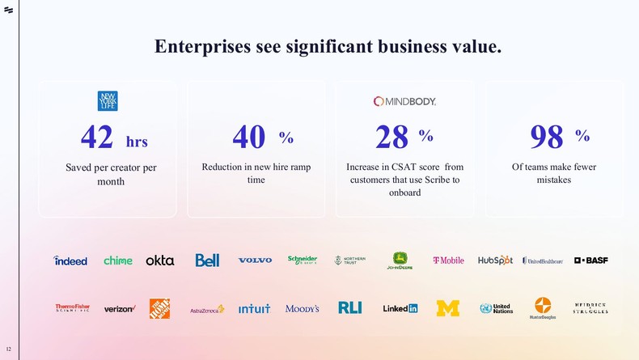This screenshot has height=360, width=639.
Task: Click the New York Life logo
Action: (108, 101)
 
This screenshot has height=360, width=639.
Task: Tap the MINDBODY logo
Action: (404, 101)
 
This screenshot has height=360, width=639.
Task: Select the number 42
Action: (97, 138)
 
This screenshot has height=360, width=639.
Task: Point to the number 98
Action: (546, 138)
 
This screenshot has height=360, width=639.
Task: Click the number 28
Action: (392, 138)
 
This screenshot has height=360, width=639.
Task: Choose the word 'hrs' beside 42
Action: (137, 142)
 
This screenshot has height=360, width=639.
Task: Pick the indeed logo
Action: (70, 260)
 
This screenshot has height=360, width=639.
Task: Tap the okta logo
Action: (160, 260)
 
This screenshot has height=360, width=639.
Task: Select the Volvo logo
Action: (255, 260)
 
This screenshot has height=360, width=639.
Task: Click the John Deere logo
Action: (400, 260)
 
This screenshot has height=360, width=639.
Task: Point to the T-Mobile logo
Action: (448, 260)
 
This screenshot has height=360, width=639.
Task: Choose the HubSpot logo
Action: (495, 260)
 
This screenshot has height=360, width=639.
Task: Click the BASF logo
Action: (590, 260)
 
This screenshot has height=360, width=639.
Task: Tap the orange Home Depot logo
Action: (159, 308)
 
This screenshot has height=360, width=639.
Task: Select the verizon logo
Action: (120, 309)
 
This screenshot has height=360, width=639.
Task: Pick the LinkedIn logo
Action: (400, 308)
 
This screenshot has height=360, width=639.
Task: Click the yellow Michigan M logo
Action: (447, 308)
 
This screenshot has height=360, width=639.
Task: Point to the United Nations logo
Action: (496, 308)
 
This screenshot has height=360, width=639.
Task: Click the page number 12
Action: (9, 349)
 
